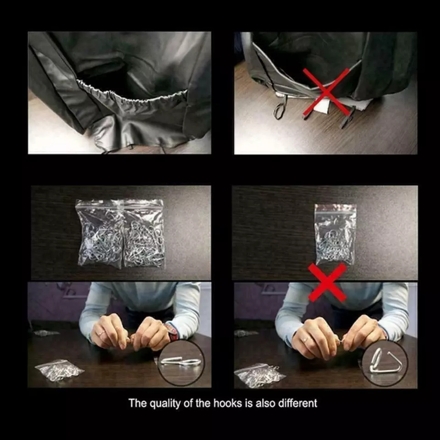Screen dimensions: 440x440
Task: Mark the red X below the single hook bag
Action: (327, 282)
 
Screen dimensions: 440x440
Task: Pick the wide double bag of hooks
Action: (121, 233)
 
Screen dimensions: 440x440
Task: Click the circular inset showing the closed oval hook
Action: (181, 362)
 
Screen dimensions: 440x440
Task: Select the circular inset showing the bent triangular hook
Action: (385, 363)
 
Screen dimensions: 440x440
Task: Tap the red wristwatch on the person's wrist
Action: (172, 332)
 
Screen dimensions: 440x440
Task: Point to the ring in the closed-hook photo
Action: (101, 333)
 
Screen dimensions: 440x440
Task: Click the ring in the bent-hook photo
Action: (304, 339)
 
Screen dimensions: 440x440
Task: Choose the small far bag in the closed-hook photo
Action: (46, 333)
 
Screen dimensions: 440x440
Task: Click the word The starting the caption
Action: (138, 403)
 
